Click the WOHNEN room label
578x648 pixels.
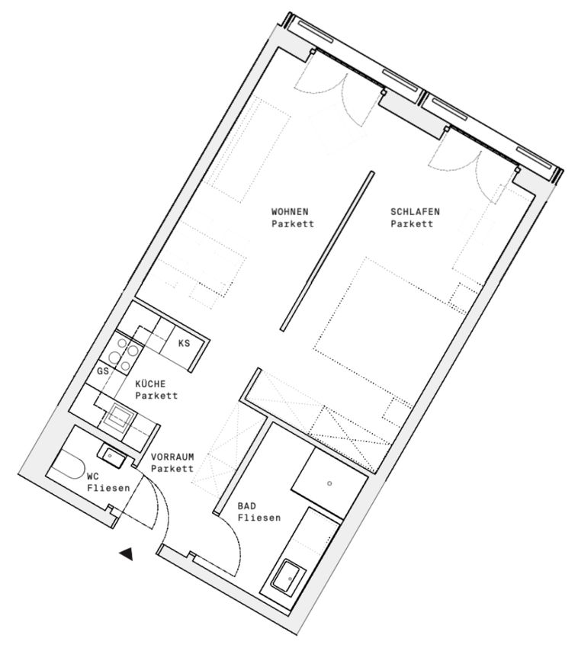click(290, 212)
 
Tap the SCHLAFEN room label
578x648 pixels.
click(415, 212)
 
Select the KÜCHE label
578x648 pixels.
click(150, 384)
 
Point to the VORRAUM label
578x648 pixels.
click(172, 457)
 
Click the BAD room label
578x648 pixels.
click(247, 506)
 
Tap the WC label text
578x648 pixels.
click(93, 476)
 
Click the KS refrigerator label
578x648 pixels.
click(184, 343)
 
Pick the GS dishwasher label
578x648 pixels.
click(103, 371)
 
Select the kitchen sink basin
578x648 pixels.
click(119, 416)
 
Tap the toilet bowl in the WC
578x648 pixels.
click(67, 464)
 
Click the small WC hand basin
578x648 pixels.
click(111, 455)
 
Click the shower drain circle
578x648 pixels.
click(329, 483)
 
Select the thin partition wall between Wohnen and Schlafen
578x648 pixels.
click(327, 252)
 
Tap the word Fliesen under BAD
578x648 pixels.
click(259, 518)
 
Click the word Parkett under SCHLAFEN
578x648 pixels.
click(412, 224)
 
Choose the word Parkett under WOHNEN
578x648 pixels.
click(293, 224)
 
